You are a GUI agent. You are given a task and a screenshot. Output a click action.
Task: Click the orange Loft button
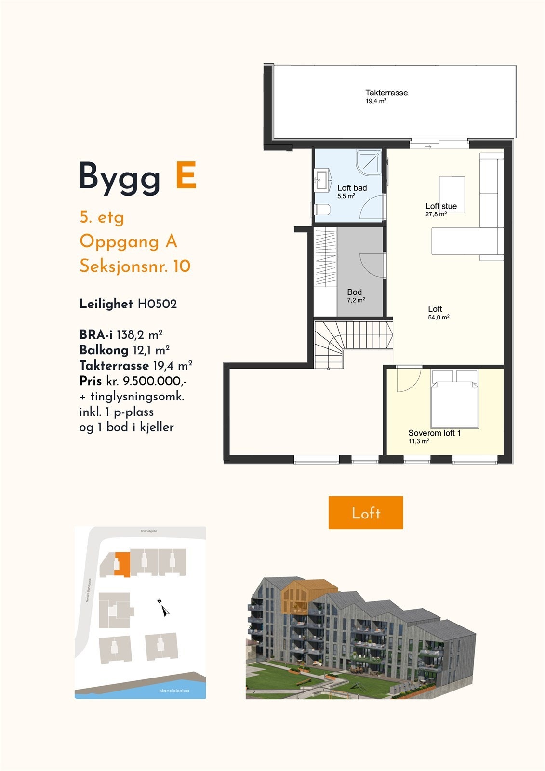pos(365,513)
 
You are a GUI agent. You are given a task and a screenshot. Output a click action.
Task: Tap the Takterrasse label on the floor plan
pos(386,93)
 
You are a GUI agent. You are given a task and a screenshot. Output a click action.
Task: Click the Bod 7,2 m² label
pos(355,295)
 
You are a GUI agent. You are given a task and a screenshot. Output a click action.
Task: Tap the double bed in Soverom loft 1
pos(454,399)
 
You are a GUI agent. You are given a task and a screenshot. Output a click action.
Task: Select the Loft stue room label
pos(441,206)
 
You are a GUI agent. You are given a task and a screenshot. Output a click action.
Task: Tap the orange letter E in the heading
pos(186,176)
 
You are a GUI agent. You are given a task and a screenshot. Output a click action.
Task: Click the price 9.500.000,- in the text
pos(154,381)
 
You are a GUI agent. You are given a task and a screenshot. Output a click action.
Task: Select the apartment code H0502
pos(157,304)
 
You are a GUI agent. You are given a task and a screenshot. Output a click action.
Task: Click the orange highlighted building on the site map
pos(123,563)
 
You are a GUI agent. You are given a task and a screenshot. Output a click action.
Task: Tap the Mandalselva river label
pos(174,691)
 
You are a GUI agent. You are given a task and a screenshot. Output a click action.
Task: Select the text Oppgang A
pos(128,241)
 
